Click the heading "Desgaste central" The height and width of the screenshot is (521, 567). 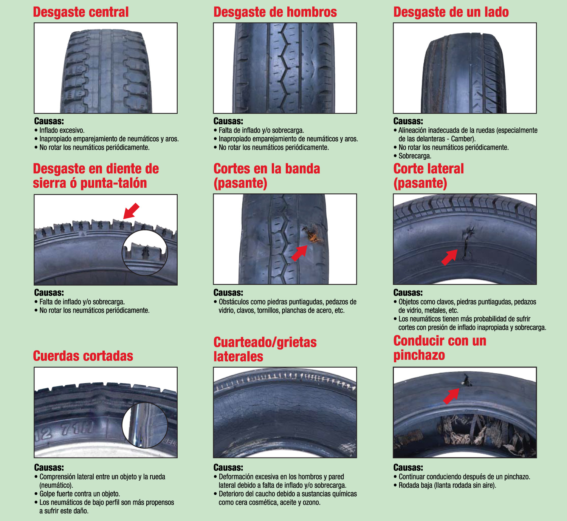click(81, 12)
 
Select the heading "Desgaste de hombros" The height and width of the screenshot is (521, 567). click(275, 12)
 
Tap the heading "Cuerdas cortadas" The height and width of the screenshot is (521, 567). click(83, 356)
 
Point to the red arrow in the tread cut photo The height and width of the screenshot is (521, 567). click(299, 253)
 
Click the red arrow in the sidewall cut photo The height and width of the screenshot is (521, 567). click(449, 258)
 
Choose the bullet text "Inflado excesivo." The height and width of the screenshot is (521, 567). click(62, 130)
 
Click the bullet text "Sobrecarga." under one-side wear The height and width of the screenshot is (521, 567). click(415, 156)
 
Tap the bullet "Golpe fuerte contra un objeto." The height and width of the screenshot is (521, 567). click(79, 494)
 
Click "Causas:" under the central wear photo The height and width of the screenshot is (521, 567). click(49, 121)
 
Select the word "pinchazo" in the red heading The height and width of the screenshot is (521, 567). click(419, 355)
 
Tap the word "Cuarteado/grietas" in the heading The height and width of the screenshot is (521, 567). click(265, 342)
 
